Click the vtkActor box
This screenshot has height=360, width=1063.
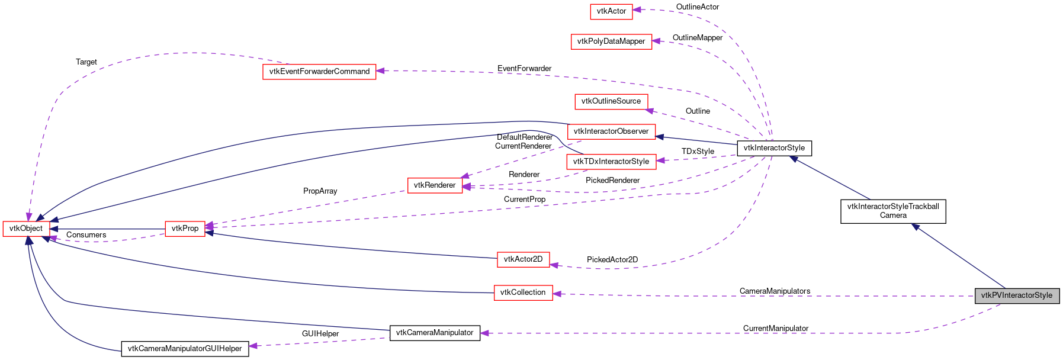(611, 11)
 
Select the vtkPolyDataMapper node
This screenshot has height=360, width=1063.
(611, 41)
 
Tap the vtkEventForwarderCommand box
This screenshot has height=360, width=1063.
(319, 72)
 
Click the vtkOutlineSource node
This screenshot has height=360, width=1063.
(611, 101)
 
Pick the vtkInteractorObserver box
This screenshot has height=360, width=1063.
(611, 131)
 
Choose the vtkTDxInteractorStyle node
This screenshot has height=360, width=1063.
(611, 162)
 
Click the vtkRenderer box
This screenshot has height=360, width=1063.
(435, 185)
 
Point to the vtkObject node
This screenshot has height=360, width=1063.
(26, 229)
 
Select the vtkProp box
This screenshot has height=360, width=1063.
(185, 229)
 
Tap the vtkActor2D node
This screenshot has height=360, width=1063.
(523, 259)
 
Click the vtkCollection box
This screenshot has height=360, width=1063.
(523, 292)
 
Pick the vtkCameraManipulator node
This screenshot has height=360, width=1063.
(435, 333)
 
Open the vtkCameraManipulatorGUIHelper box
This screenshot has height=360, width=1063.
(185, 349)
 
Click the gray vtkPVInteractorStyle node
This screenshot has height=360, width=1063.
(1016, 295)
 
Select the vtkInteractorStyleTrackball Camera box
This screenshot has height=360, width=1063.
(893, 211)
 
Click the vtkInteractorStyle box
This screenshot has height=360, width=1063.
(774, 148)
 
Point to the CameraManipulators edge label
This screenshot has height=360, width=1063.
(775, 291)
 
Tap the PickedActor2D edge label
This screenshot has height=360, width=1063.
(612, 260)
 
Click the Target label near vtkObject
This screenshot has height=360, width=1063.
(86, 62)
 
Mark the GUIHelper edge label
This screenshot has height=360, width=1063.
(320, 334)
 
